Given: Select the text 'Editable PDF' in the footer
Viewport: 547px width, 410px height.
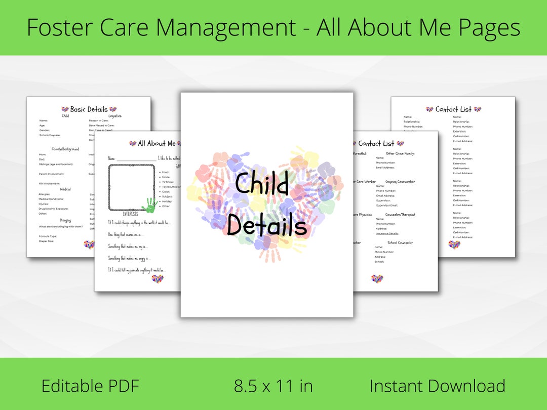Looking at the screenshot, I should click(90, 386).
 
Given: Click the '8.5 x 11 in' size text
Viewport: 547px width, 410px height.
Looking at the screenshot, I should click(273, 386).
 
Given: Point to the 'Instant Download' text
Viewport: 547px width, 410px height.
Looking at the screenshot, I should click(437, 386).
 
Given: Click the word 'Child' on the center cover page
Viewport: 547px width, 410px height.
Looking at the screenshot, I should click(262, 184).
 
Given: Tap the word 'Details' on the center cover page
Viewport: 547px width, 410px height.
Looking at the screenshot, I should click(266, 226).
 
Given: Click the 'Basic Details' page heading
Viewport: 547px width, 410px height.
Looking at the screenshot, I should click(89, 109).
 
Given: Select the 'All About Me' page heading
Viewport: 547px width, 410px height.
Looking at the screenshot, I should click(157, 144).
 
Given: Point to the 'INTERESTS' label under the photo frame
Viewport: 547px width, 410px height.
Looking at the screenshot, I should click(130, 214).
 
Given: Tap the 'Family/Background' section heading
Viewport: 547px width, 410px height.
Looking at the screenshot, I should click(65, 149).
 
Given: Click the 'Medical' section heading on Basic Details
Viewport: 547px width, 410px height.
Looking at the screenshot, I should click(65, 189).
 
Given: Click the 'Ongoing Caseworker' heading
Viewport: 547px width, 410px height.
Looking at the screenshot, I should click(400, 181).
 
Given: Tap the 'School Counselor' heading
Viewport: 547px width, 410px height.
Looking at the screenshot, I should click(400, 242).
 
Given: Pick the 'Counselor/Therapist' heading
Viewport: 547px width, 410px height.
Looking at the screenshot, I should click(400, 215).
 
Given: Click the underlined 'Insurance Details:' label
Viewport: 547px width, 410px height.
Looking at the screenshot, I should click(386, 233).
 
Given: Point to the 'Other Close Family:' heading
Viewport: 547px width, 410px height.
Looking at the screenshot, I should click(400, 153).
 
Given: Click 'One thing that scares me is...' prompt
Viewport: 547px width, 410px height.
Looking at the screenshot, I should click(126, 234).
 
